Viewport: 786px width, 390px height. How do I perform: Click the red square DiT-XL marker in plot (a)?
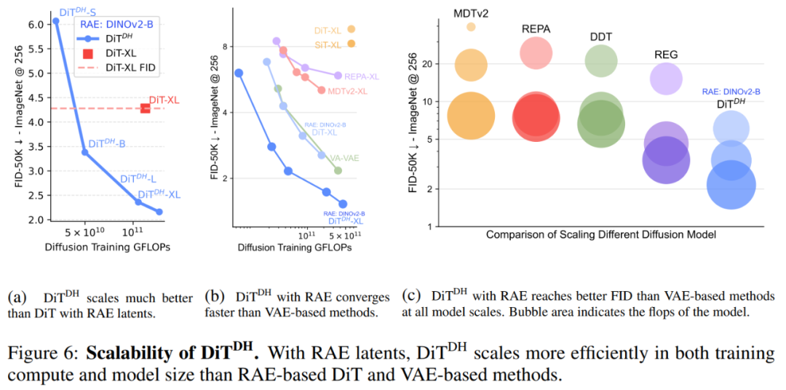[x=146, y=108]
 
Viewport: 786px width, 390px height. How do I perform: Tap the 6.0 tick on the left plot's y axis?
[x=35, y=24]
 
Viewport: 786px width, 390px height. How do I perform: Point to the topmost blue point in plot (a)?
[x=56, y=21]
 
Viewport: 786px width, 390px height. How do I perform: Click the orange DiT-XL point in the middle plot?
[x=351, y=29]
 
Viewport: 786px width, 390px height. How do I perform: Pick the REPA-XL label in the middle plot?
[x=362, y=75]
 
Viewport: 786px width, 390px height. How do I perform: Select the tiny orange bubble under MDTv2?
[x=471, y=27]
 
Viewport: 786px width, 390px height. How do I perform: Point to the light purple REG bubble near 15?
[x=666, y=79]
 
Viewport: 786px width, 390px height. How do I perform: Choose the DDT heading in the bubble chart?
[x=601, y=36]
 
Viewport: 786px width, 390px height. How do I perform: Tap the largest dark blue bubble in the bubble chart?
[x=731, y=185]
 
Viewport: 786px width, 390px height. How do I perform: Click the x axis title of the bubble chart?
[x=601, y=235]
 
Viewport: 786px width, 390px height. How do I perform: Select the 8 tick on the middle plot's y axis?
[x=226, y=47]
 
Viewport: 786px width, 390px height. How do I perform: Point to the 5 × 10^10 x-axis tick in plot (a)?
[x=84, y=233]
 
